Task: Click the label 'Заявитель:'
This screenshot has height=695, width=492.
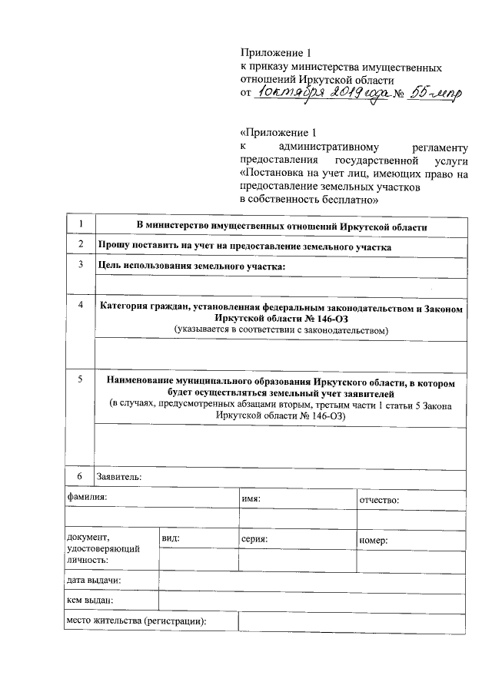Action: coord(118,476)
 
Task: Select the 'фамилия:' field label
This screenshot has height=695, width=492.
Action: coord(87,498)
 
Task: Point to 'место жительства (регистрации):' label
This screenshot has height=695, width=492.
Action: coord(136,621)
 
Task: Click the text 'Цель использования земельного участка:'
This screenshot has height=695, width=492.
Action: coord(192,266)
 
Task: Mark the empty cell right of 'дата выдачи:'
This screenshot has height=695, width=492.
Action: coord(311,581)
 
